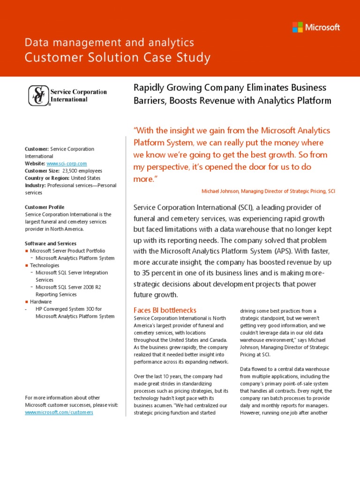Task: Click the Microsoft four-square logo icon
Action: [x=298, y=27]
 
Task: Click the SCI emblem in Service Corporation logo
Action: [x=37, y=96]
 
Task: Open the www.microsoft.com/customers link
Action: [x=59, y=412]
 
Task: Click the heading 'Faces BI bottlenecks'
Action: [x=165, y=310]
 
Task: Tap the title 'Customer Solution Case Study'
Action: [x=118, y=58]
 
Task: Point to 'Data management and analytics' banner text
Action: [x=109, y=43]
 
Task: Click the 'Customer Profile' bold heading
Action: [x=45, y=207]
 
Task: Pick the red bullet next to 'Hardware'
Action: [x=27, y=302]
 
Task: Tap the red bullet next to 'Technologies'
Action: [x=27, y=265]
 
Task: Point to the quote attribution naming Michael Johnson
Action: [x=268, y=191]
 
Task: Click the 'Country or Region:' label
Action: [x=46, y=178]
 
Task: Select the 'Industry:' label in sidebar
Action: [x=36, y=186]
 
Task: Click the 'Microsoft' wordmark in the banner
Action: [x=322, y=27]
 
